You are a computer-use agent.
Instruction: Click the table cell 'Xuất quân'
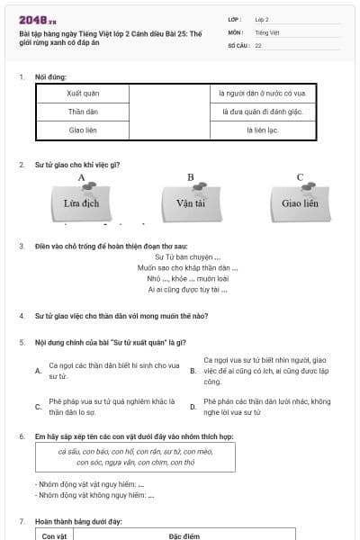click(x=82, y=93)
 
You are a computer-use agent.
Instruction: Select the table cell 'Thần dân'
click(x=82, y=112)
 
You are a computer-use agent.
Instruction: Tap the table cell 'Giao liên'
click(x=82, y=130)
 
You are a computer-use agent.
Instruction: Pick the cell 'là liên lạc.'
click(x=265, y=130)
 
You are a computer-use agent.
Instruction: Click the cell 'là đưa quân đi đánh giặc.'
click(x=265, y=112)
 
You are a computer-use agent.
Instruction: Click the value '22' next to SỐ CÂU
click(x=258, y=44)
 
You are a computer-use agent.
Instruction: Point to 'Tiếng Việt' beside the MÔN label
click(x=262, y=31)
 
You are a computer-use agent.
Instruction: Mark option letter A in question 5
click(x=38, y=371)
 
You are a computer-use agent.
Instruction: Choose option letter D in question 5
click(x=193, y=407)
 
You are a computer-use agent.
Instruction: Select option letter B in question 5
click(x=193, y=371)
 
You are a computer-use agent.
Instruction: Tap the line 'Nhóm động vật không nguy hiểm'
click(x=89, y=495)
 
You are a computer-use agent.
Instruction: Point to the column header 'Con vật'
click(x=55, y=535)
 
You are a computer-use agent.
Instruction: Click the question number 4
click(x=21, y=316)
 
